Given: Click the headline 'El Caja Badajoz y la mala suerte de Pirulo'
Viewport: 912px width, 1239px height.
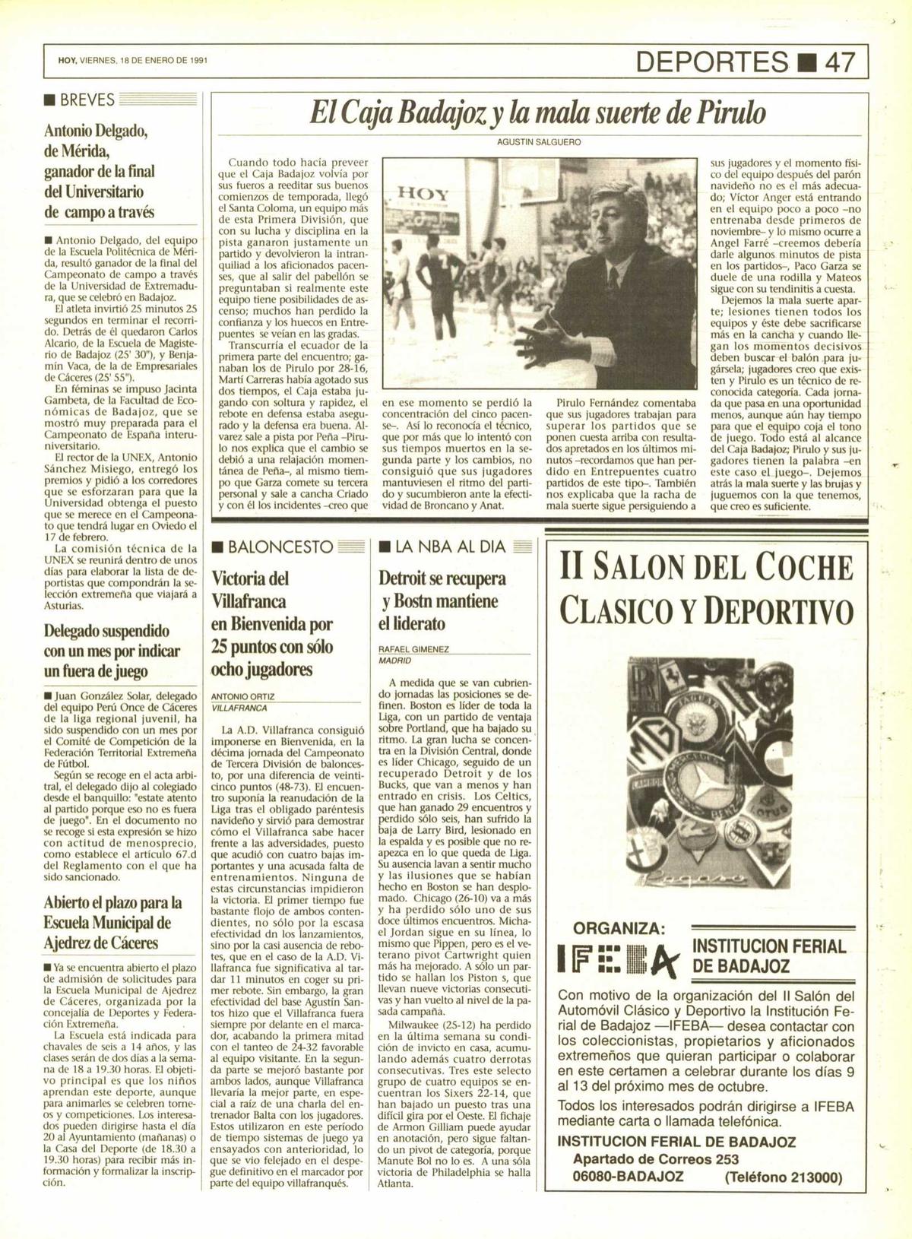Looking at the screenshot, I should pyautogui.click(x=537, y=115).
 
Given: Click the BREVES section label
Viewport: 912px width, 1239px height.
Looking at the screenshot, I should pyautogui.click(x=90, y=99).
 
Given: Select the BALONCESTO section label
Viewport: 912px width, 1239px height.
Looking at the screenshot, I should pyautogui.click(x=280, y=547).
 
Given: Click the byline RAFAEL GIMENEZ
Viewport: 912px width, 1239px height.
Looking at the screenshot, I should pyautogui.click(x=413, y=650).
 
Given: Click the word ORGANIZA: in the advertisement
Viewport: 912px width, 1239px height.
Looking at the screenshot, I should pyautogui.click(x=619, y=928).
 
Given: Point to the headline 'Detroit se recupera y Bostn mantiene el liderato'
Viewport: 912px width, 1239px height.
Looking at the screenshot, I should pyautogui.click(x=443, y=600).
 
